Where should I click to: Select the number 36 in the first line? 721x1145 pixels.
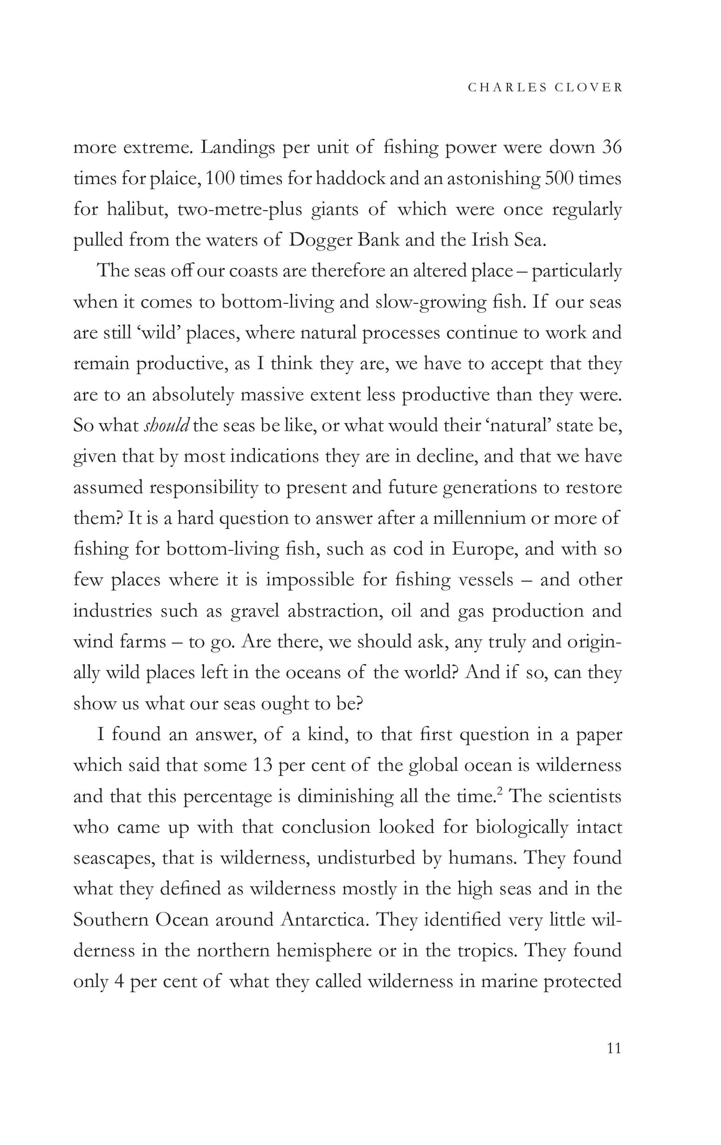click(x=612, y=148)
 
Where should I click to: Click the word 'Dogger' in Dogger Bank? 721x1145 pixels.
click(x=318, y=240)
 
